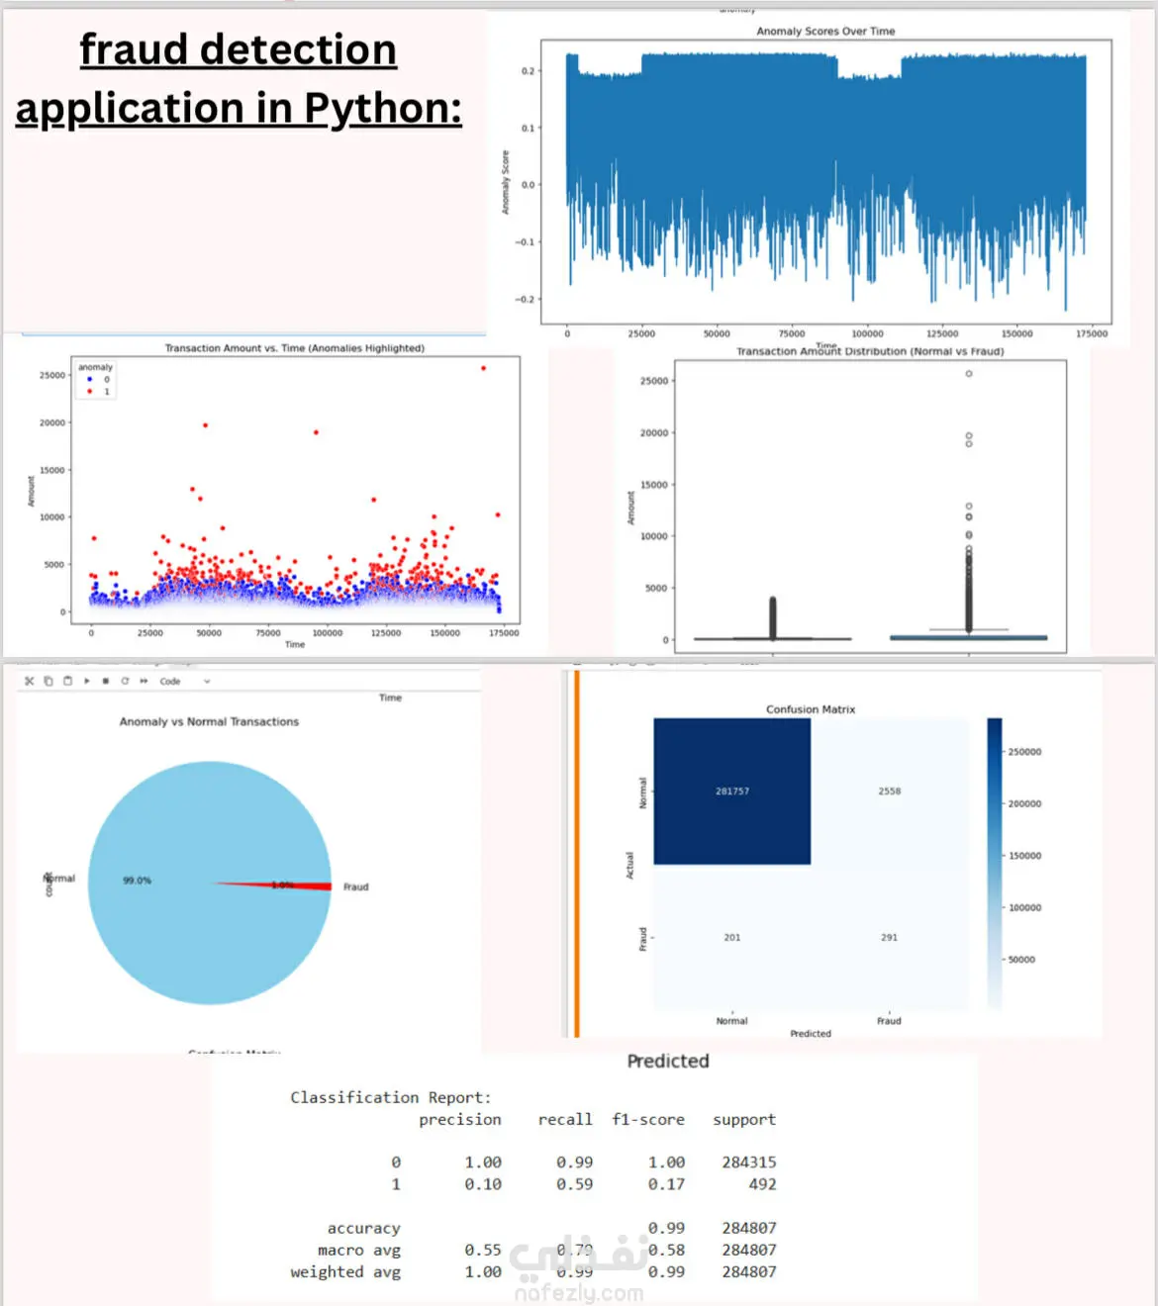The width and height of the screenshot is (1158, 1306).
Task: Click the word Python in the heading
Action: coord(382,108)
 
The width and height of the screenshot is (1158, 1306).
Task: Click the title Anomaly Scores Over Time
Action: coord(825,32)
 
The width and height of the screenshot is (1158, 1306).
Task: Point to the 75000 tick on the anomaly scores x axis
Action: coord(792,334)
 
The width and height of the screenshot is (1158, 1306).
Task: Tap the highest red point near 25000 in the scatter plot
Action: coord(484,368)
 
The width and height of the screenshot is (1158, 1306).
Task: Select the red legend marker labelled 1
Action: coord(90,392)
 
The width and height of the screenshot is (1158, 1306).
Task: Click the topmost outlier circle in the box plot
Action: coord(969,374)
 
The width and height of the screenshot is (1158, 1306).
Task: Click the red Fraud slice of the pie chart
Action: coord(297,886)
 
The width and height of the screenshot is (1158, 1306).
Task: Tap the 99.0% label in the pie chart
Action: coord(137,881)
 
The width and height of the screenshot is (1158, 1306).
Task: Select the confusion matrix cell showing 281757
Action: coord(732,792)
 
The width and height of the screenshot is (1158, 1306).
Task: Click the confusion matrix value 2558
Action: coord(890,792)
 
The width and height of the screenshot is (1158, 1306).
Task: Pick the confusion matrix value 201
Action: coord(732,938)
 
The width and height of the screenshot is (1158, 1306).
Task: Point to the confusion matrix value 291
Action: coord(890,938)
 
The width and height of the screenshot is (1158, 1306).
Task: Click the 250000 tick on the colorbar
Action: coord(1024,752)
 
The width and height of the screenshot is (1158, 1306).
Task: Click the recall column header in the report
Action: coord(565,1120)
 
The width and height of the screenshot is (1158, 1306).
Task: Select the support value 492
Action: coord(762,1184)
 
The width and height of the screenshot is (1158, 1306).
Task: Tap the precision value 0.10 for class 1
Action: coord(483,1184)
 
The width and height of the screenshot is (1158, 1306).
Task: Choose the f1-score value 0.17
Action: coord(666,1184)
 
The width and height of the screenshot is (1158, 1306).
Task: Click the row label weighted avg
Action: coord(345,1272)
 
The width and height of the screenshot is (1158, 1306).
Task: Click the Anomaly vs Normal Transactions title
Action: coord(209,722)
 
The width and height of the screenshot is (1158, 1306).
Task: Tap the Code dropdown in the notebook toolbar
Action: coord(184,682)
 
